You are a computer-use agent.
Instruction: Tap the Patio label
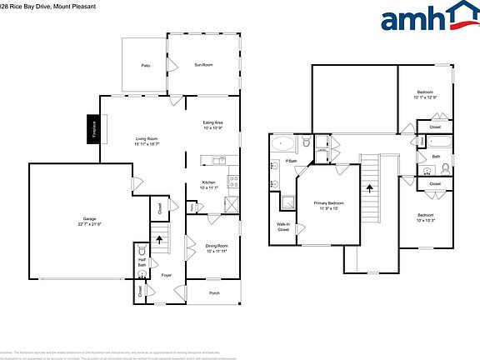[145, 64]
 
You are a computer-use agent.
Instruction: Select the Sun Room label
[203, 64]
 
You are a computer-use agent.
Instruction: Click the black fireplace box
[94, 130]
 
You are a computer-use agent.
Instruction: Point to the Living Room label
[149, 139]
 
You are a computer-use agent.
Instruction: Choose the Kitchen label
[209, 183]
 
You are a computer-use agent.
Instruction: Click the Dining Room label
[216, 246]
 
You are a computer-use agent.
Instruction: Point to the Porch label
[214, 292]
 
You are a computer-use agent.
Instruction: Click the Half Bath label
[141, 262]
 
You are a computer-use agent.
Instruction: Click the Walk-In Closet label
[283, 226]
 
